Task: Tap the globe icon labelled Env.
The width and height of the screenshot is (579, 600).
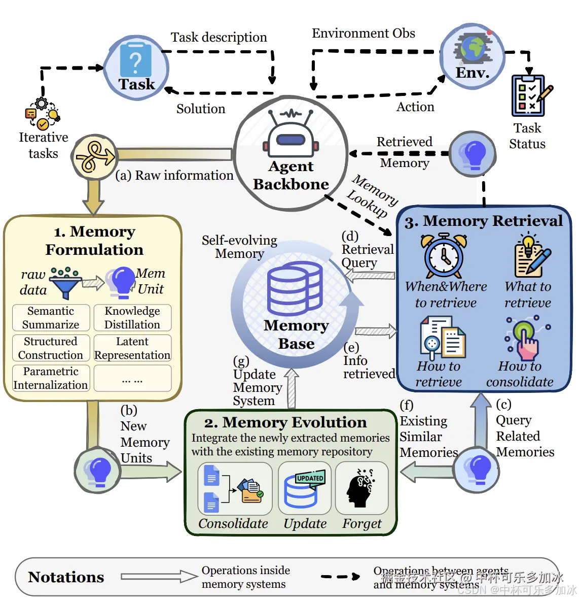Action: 473,49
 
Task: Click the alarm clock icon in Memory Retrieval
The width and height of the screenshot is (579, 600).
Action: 444,256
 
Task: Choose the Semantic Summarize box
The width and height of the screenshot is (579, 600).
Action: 51,318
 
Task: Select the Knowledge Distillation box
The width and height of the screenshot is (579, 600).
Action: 132,318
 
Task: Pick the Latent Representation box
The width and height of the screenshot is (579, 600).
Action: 132,348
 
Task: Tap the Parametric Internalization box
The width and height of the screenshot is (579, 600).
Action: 51,378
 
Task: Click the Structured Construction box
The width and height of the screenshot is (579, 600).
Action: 51,348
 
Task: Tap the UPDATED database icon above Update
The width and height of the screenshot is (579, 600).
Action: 303,489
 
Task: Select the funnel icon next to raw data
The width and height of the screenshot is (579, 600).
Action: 65,284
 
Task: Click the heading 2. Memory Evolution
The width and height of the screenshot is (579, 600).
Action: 285,422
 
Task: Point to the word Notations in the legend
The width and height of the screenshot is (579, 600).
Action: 66,577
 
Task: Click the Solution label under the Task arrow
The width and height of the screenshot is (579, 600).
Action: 201,109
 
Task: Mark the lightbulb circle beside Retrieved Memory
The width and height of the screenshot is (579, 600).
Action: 473,154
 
